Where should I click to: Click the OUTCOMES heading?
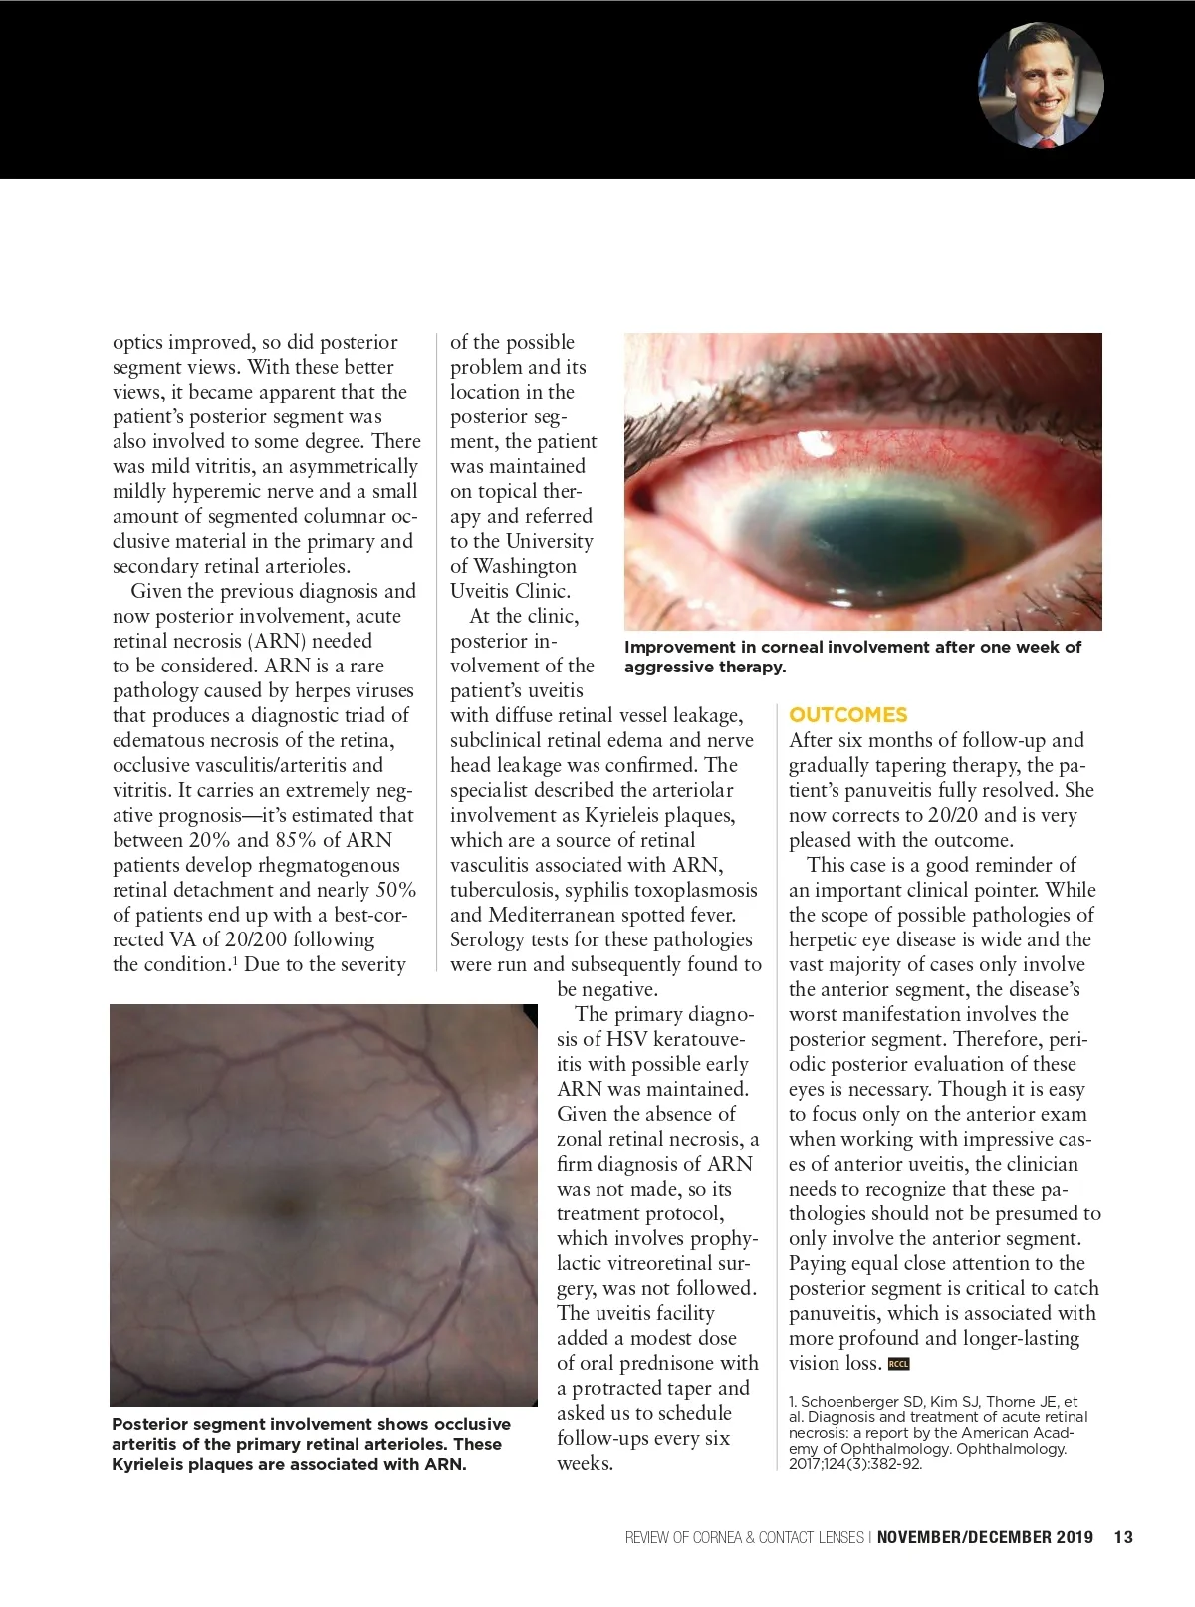coord(847,715)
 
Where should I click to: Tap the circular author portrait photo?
coord(1042,86)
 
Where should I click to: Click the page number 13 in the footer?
coord(1123,1537)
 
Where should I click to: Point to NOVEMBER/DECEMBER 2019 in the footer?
coord(985,1537)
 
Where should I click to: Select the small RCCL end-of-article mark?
coord(898,1364)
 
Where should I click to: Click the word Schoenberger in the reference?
coord(849,1402)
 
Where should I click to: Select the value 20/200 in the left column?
coord(339,939)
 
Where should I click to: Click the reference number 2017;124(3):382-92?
coord(855,1464)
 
